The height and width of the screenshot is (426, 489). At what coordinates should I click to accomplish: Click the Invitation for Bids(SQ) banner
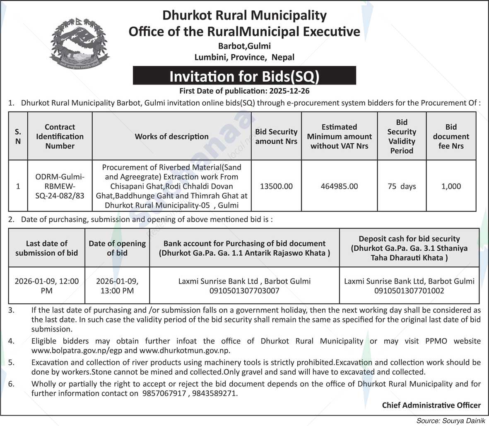tap(244, 76)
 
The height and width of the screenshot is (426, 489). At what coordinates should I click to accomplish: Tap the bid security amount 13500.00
tap(276, 186)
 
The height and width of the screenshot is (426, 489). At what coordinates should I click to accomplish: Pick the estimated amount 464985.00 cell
tap(339, 186)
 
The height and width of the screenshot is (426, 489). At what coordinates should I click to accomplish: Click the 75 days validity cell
tap(402, 186)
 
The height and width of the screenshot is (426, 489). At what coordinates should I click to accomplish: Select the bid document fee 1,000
tap(451, 186)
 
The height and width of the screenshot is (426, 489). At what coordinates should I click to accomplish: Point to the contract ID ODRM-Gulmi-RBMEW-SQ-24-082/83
tap(60, 186)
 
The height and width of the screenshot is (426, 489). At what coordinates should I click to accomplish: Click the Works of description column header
tap(171, 136)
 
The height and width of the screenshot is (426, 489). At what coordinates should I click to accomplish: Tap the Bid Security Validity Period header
tap(402, 136)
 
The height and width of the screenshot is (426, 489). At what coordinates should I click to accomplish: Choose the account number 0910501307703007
tap(244, 291)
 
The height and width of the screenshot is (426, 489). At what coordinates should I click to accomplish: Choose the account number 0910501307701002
tap(409, 291)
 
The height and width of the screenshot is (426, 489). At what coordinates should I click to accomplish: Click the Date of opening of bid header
tap(117, 248)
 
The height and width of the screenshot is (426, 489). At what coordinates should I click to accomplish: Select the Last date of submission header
tap(46, 248)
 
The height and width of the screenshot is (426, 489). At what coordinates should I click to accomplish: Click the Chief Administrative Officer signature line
tap(431, 405)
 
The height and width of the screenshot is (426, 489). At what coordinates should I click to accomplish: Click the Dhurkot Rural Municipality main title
tap(244, 15)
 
